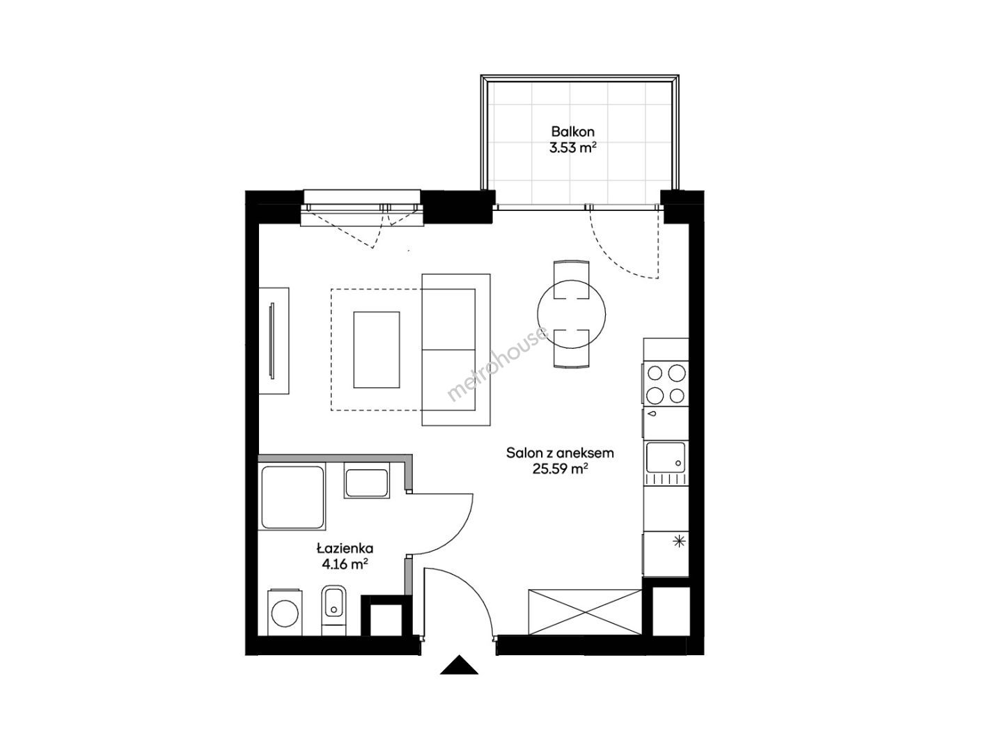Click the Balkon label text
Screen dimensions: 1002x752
(573, 132)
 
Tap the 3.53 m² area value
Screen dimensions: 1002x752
(573, 149)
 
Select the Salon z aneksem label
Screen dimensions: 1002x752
(560, 453)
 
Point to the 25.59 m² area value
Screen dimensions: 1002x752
(560, 469)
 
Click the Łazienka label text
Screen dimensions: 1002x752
(345, 547)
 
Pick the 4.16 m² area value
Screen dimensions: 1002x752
(345, 565)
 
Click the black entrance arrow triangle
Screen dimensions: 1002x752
(460, 665)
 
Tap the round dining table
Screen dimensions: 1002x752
(571, 314)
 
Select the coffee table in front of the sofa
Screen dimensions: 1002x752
(377, 350)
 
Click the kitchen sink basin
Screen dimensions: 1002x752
(666, 457)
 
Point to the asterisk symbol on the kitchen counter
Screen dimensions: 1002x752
(680, 542)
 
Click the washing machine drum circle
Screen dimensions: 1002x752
(285, 613)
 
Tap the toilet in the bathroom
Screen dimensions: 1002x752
(334, 610)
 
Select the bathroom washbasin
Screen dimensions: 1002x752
(366, 483)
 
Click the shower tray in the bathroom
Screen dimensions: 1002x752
(292, 497)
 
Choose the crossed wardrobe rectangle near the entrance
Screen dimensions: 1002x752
(585, 612)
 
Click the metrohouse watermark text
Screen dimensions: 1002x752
(498, 363)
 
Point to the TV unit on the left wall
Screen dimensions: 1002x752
(274, 341)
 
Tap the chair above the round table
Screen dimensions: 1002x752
(571, 280)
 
